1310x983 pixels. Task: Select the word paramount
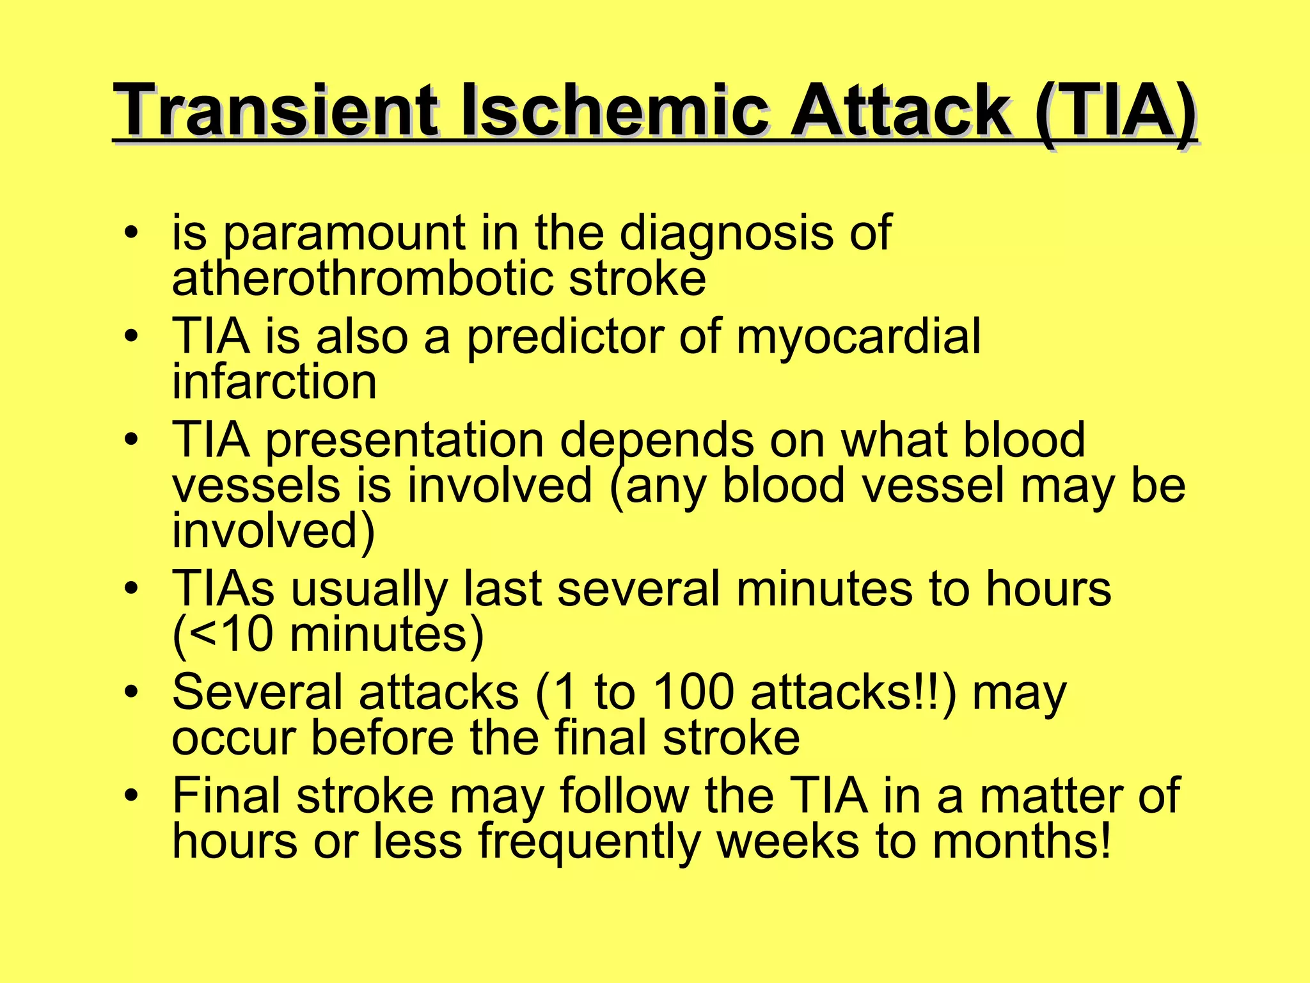coord(343,234)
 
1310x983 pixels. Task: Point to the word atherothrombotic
coord(362,279)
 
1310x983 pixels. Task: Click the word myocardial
coord(858,338)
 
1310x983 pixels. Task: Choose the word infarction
coord(274,383)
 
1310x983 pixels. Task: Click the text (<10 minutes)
coord(328,635)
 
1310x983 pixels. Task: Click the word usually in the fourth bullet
coord(369,589)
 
